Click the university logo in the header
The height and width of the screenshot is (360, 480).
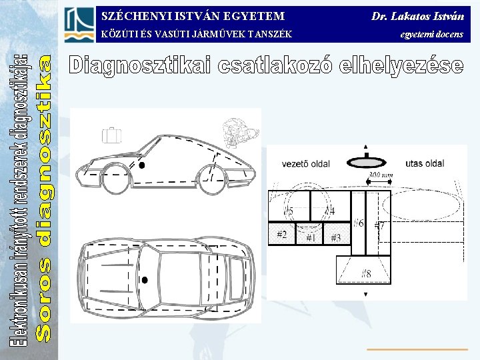[x=79, y=25]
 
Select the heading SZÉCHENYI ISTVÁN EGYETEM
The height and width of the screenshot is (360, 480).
[x=193, y=15]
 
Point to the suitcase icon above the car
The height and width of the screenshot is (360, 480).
[x=113, y=135]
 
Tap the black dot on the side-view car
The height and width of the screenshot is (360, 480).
[x=141, y=163]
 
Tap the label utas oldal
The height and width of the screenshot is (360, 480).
[x=425, y=163]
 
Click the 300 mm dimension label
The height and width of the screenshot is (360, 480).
[x=381, y=175]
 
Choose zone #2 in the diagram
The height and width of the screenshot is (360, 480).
[x=281, y=235]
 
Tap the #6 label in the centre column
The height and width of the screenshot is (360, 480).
[x=359, y=223]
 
